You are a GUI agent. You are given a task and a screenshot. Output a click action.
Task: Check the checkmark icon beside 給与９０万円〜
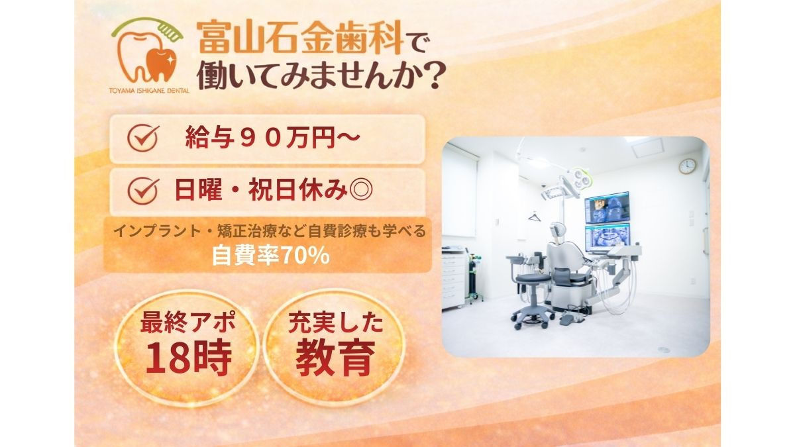point(142,138)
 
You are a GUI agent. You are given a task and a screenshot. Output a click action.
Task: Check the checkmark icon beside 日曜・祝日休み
point(142,191)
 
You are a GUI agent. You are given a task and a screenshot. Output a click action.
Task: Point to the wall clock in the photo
point(687,166)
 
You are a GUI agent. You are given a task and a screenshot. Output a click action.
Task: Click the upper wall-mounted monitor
point(607,208)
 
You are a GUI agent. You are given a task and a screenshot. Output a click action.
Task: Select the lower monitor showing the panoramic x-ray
point(607,236)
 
